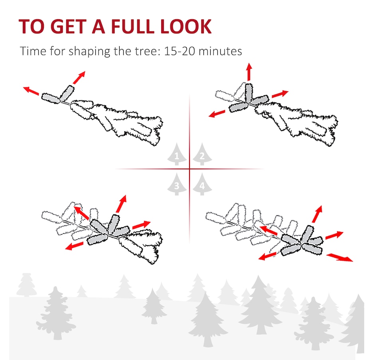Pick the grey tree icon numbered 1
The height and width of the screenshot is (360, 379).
click(x=177, y=154)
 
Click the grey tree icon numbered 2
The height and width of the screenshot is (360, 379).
click(x=202, y=154)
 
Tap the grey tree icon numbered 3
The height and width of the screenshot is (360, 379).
click(x=177, y=184)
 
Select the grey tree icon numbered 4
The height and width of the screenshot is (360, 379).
click(x=202, y=184)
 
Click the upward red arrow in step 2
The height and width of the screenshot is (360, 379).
click(x=249, y=72)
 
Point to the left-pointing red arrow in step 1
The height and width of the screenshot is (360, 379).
click(x=31, y=91)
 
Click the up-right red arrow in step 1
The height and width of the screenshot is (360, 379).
click(x=79, y=77)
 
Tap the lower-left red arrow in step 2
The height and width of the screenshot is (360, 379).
click(x=217, y=114)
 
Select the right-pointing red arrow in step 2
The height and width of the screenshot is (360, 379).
click(x=280, y=94)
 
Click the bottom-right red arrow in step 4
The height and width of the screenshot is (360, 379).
click(x=340, y=257)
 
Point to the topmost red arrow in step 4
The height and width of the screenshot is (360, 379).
click(x=317, y=214)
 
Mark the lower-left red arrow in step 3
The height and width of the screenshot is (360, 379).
click(x=75, y=246)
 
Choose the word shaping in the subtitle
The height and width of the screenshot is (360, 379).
click(x=89, y=51)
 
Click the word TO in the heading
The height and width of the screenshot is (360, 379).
click(x=32, y=26)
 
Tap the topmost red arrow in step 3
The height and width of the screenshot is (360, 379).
click(x=121, y=204)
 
